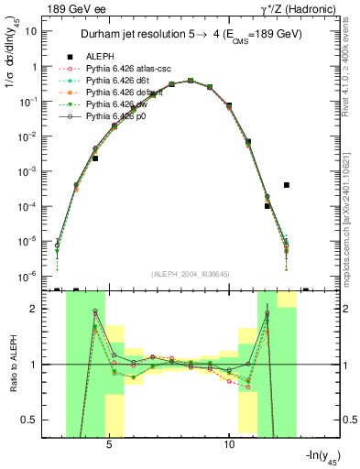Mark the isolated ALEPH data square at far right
287,184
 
